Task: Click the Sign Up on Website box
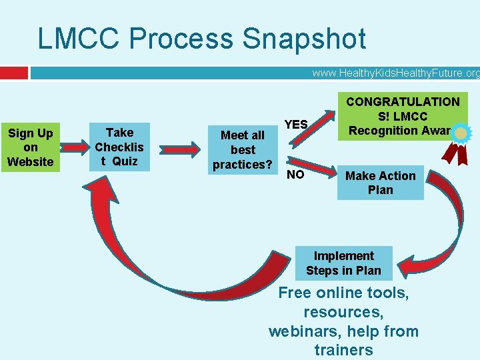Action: click(x=30, y=147)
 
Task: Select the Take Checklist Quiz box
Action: click(x=119, y=147)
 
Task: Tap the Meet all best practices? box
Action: click(x=243, y=150)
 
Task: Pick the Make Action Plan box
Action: click(x=380, y=183)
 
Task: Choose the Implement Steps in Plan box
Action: click(x=344, y=263)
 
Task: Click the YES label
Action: click(x=296, y=124)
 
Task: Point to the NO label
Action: click(x=295, y=175)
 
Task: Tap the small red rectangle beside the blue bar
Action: click(x=14, y=72)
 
